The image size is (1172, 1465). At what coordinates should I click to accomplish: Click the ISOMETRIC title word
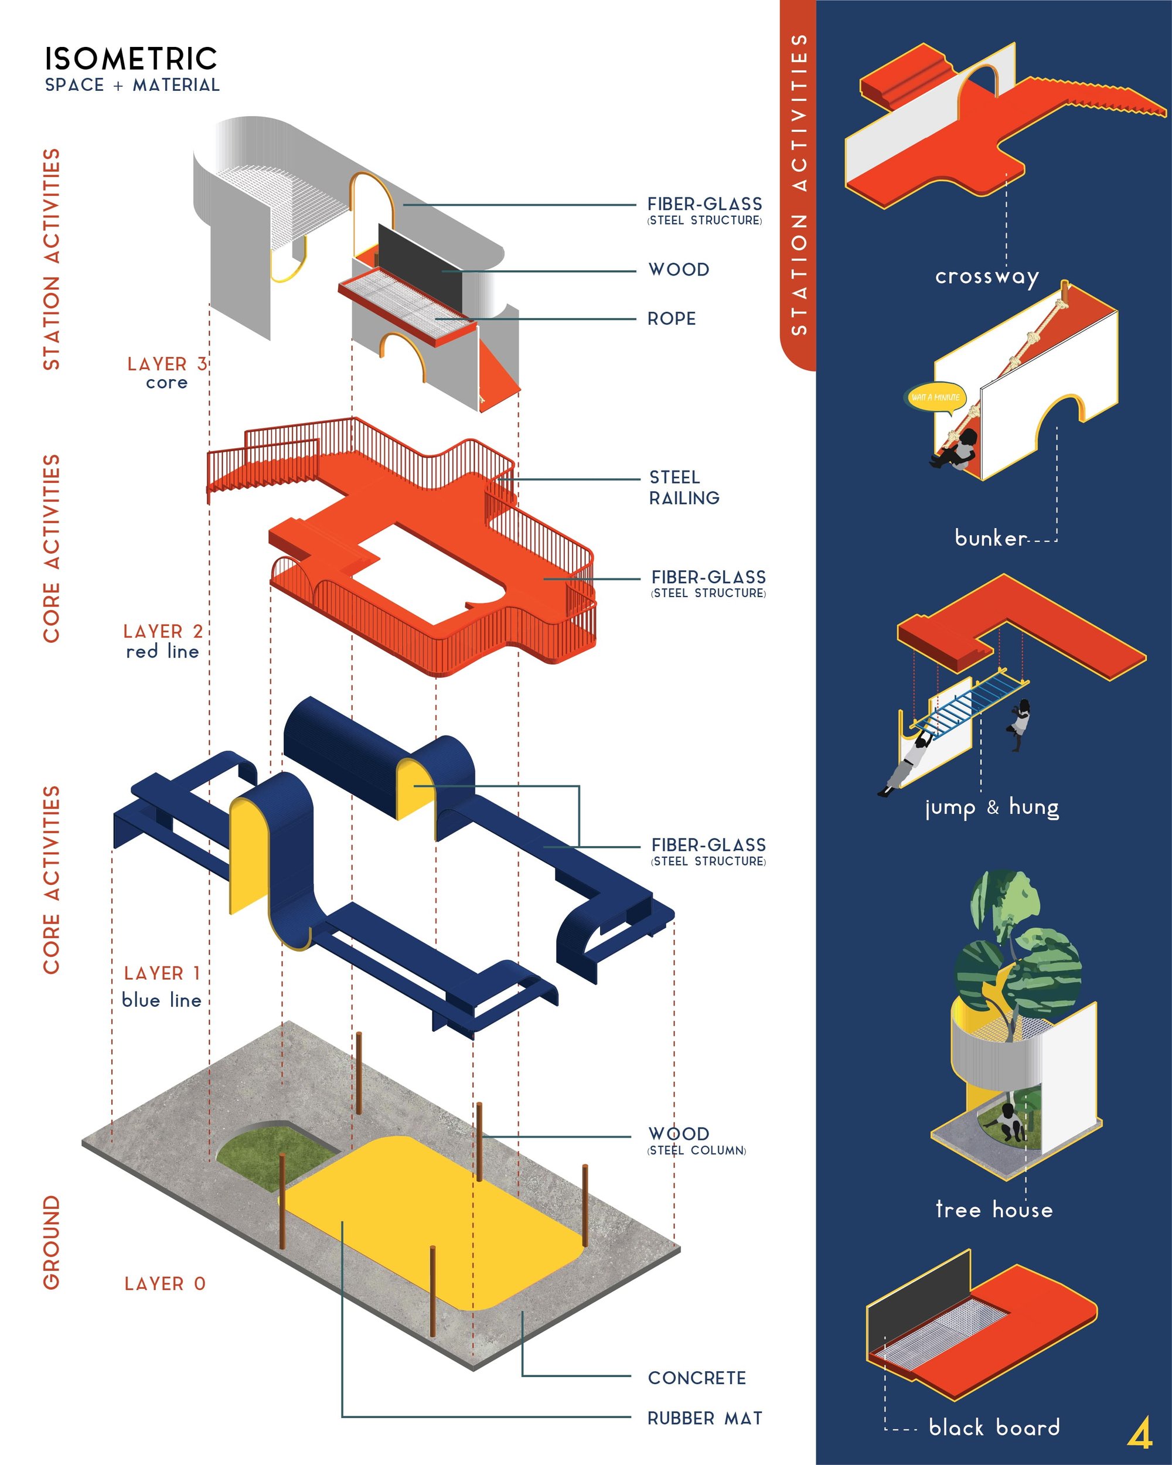tap(131, 59)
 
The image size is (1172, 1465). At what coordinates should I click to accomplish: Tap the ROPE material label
tap(672, 319)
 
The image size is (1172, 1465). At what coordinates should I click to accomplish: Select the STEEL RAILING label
tap(683, 487)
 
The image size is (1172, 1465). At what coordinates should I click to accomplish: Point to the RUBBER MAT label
tap(704, 1418)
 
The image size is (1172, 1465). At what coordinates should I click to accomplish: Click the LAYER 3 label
tap(167, 363)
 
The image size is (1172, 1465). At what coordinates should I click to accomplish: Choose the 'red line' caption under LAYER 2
tap(162, 651)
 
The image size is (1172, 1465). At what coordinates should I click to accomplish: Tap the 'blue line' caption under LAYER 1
tap(162, 1000)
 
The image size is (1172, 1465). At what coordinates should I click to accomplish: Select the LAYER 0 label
tap(165, 1283)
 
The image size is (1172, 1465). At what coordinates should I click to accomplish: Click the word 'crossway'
tap(986, 277)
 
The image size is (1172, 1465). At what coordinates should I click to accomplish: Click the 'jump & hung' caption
tap(992, 808)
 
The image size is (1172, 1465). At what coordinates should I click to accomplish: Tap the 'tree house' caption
tap(994, 1209)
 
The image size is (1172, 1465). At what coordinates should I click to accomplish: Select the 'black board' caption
tap(994, 1426)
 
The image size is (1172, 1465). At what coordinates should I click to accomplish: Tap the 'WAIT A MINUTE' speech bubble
tap(936, 397)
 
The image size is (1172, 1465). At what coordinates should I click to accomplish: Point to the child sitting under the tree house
tap(1010, 1123)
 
